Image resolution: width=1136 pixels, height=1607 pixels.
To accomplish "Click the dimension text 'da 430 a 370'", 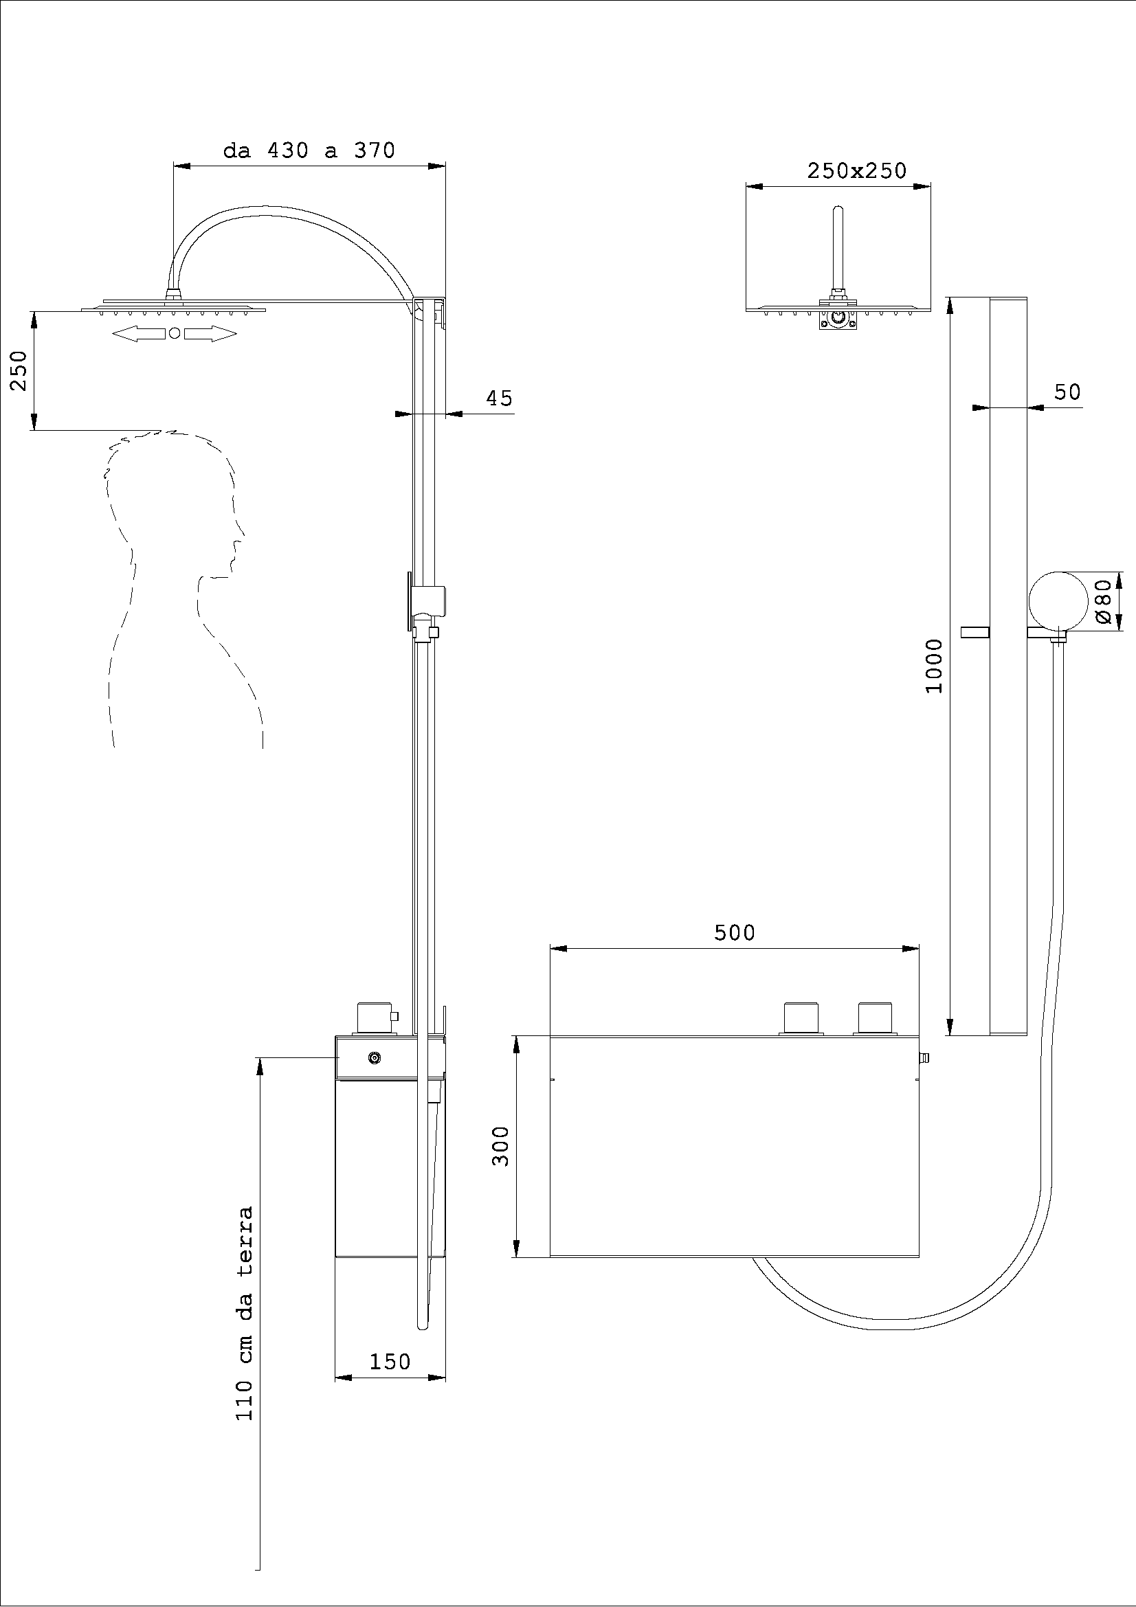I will pyautogui.click(x=309, y=150).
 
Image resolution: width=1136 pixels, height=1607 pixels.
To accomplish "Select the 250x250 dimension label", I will pyautogui.click(x=856, y=171).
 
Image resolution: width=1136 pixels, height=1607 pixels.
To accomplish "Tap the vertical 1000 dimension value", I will pyautogui.click(x=935, y=666).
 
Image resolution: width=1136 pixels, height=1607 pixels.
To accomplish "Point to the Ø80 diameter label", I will pyautogui.click(x=1104, y=600).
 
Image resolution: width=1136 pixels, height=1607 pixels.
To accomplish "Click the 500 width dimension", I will pyautogui.click(x=734, y=932).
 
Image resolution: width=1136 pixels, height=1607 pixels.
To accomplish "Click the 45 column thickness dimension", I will pyautogui.click(x=499, y=398).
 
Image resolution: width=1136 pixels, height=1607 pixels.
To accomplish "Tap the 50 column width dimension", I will pyautogui.click(x=1067, y=392).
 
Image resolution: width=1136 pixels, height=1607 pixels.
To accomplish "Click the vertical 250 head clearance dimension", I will pyautogui.click(x=19, y=370).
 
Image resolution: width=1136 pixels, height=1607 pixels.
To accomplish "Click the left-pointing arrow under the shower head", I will pyautogui.click(x=138, y=335).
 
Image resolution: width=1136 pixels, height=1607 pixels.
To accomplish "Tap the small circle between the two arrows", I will pyautogui.click(x=175, y=334).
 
